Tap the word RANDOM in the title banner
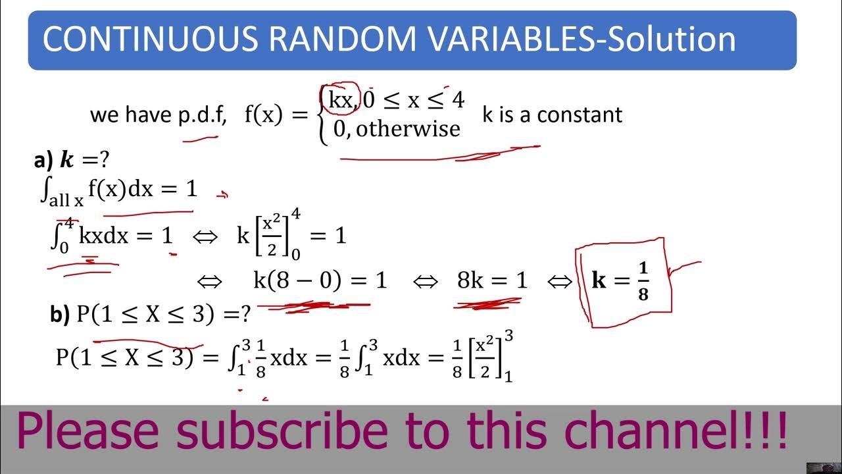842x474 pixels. click(342, 39)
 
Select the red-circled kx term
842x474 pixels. click(340, 101)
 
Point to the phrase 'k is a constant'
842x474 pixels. click(552, 115)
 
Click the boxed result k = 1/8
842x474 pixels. click(621, 281)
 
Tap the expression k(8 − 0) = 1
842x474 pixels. click(320, 281)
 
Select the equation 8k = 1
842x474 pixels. click(492, 281)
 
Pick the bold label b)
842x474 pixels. click(60, 315)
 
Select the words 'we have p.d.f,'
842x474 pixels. click(159, 115)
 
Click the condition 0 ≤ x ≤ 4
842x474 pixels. click(414, 100)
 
